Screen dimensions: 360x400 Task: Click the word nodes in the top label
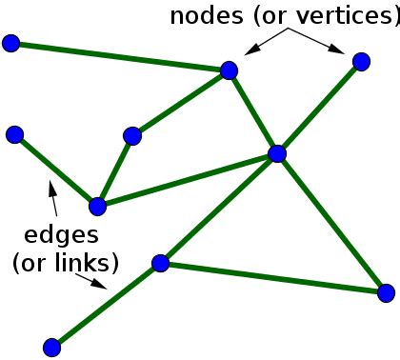200,16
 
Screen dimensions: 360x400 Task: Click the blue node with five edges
277,153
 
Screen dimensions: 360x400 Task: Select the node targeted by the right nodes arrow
361,62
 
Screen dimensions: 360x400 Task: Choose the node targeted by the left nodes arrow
229,70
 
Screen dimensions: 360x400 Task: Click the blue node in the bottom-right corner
386,292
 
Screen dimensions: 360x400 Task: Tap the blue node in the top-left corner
10,43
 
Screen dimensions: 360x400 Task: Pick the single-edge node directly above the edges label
14,133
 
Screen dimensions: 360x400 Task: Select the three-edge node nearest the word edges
96,205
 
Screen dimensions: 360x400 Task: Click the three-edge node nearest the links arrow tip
160,263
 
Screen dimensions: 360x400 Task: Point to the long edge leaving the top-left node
119,56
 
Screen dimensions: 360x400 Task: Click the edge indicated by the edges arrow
54,169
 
